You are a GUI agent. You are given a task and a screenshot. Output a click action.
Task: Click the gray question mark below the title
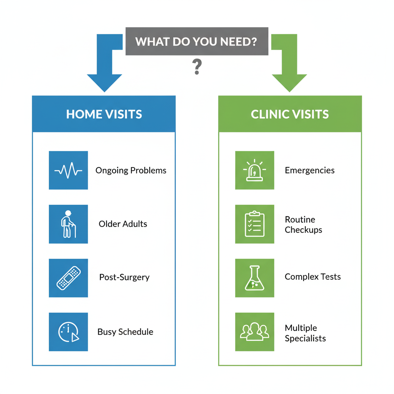[197, 67]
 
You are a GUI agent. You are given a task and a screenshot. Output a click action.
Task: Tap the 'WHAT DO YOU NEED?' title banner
[197, 41]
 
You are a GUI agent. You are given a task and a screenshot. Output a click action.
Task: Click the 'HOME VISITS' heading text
[104, 114]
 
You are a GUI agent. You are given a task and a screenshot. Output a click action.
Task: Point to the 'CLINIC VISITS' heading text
[290, 114]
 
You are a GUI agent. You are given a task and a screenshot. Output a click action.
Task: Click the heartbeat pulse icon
[68, 170]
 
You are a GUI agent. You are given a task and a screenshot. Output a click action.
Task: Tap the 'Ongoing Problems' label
[131, 170]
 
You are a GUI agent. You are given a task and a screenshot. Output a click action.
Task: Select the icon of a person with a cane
[68, 224]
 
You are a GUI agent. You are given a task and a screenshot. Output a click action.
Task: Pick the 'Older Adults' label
[123, 224]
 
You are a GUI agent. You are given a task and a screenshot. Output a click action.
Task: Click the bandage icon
[68, 278]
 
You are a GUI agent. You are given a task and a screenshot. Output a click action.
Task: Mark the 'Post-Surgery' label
[124, 277]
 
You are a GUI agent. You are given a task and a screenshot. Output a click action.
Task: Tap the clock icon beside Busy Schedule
[68, 332]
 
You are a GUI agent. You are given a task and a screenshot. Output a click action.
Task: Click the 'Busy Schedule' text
[125, 332]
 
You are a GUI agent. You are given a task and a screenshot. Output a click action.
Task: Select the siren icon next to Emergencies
[254, 170]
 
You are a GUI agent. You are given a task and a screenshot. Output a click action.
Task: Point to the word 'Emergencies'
[309, 170]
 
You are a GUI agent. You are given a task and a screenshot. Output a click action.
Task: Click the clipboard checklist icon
[254, 224]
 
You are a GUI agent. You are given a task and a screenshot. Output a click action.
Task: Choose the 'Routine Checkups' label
[303, 225]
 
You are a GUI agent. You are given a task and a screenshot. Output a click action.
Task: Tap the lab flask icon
[254, 278]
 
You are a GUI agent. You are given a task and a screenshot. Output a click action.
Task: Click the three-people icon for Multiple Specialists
[254, 332]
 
